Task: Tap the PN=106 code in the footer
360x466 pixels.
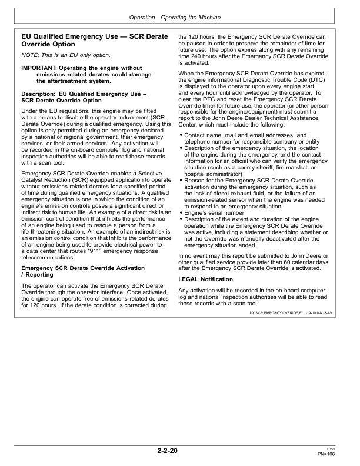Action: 326,455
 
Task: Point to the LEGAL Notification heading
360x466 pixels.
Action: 205,279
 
